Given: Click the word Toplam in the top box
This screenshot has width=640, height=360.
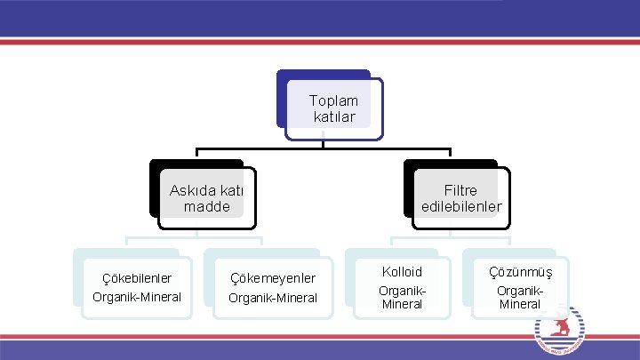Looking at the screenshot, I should (x=333, y=100).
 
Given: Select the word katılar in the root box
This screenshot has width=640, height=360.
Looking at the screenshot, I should (x=334, y=116).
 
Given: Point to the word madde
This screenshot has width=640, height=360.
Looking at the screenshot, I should (x=206, y=206).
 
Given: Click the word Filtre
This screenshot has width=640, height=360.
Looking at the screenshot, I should (x=460, y=190).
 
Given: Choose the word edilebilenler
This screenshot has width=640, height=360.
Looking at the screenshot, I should (x=461, y=206).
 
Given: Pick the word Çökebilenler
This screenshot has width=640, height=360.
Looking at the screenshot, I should (x=137, y=278).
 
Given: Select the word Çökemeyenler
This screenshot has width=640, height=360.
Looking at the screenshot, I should (x=273, y=279).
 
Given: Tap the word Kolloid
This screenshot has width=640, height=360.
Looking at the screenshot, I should (x=402, y=271).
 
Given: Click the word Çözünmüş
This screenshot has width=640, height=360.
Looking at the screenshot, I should (x=520, y=271).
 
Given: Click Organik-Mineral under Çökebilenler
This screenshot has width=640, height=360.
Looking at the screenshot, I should (x=137, y=296).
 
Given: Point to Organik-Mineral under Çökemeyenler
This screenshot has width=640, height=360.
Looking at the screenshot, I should (x=273, y=297).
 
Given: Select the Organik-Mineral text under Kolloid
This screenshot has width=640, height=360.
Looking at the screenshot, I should (x=402, y=297).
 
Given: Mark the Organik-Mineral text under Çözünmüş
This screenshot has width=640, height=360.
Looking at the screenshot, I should (x=520, y=297).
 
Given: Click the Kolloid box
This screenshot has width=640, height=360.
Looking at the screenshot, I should (x=402, y=284).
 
